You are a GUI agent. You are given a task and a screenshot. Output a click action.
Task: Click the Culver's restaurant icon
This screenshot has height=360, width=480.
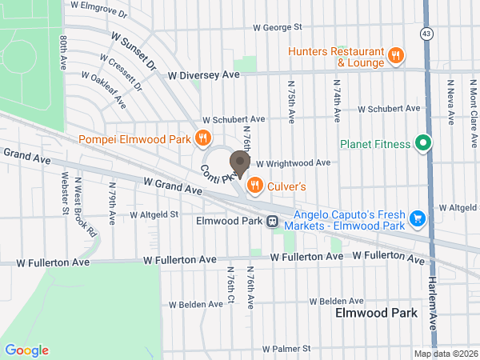(255, 186)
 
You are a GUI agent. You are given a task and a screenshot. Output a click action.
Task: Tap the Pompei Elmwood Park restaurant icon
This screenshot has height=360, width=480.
(203, 138)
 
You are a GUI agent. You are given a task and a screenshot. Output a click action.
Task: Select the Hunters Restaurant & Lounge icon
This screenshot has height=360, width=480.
(395, 55)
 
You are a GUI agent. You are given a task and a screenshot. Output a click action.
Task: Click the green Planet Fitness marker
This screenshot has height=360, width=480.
(423, 144)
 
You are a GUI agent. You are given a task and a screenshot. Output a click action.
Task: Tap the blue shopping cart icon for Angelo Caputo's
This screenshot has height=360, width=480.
(416, 218)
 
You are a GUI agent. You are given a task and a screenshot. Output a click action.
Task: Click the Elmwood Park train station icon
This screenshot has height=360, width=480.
(273, 221)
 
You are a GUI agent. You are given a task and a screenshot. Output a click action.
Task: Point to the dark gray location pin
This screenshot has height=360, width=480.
(238, 162)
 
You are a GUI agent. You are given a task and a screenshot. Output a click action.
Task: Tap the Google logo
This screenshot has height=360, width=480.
(26, 350)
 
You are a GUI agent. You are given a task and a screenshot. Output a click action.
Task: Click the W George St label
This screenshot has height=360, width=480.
(277, 26)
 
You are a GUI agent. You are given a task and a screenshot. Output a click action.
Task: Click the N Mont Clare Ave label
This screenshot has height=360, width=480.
(474, 102)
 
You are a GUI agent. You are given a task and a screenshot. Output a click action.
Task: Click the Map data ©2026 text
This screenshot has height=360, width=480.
(444, 353)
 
